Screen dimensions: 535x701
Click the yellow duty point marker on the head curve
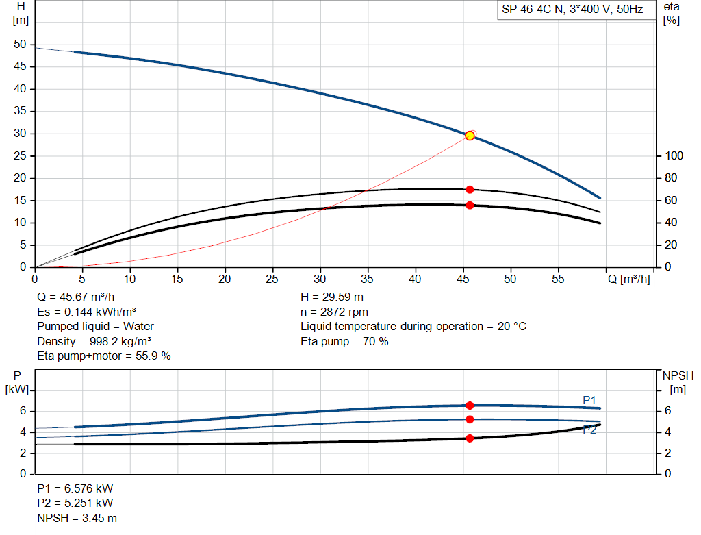click(x=470, y=136)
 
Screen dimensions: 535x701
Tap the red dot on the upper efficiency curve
click(x=470, y=190)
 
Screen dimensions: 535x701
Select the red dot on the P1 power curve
click(x=470, y=406)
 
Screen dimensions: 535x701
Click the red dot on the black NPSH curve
click(x=470, y=438)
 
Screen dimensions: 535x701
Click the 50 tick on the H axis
click(x=21, y=45)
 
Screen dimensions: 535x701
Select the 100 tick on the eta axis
click(x=674, y=156)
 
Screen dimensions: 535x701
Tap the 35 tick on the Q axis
click(x=368, y=279)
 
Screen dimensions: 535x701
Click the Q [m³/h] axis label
click(x=628, y=279)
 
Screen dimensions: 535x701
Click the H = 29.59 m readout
click(x=332, y=297)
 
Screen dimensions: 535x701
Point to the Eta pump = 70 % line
click(x=344, y=341)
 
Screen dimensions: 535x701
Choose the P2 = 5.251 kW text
click(x=75, y=503)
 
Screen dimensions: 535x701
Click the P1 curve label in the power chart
click(x=589, y=399)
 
